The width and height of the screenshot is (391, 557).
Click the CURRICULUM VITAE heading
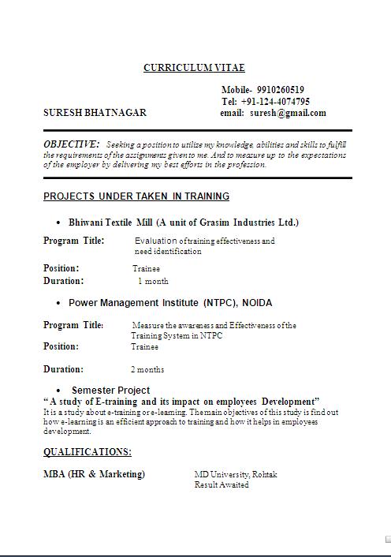coord(194,68)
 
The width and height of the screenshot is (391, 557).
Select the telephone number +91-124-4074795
coord(275,102)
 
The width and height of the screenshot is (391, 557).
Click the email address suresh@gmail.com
coord(288,113)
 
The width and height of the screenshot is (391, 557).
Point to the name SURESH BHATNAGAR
coord(95,113)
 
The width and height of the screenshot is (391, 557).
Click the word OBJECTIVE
coord(71,144)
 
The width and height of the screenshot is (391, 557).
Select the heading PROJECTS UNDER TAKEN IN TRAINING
coord(136,196)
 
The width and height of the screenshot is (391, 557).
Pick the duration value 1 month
coord(153,281)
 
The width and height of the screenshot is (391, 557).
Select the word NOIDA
coord(257,302)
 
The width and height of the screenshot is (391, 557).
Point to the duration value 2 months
coord(147,369)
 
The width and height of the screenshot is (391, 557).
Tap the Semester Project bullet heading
coord(110,390)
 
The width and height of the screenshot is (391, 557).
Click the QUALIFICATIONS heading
coord(88,452)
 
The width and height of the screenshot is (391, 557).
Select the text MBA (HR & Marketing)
coord(95,474)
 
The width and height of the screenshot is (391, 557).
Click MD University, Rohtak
coord(236,474)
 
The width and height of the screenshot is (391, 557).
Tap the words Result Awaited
coord(222,484)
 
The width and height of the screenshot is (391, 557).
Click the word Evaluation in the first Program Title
coord(156,241)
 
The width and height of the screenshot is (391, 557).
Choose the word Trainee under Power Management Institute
coord(144,346)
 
